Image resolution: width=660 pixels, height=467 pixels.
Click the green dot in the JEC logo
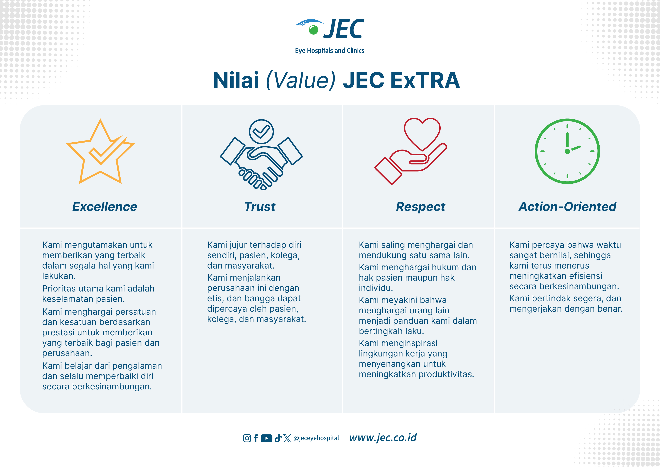(313, 30)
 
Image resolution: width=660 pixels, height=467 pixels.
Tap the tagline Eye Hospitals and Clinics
(329, 51)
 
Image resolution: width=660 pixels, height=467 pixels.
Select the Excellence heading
(105, 207)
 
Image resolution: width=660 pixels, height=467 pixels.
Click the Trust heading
(260, 207)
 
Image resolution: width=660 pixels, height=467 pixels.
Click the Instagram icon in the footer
(247, 438)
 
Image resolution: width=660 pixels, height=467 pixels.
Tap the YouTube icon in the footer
(266, 438)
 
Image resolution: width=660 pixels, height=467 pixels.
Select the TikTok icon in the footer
(278, 438)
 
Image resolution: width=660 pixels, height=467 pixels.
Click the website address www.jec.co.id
(383, 438)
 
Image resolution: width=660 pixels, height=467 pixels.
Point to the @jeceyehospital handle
(316, 438)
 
